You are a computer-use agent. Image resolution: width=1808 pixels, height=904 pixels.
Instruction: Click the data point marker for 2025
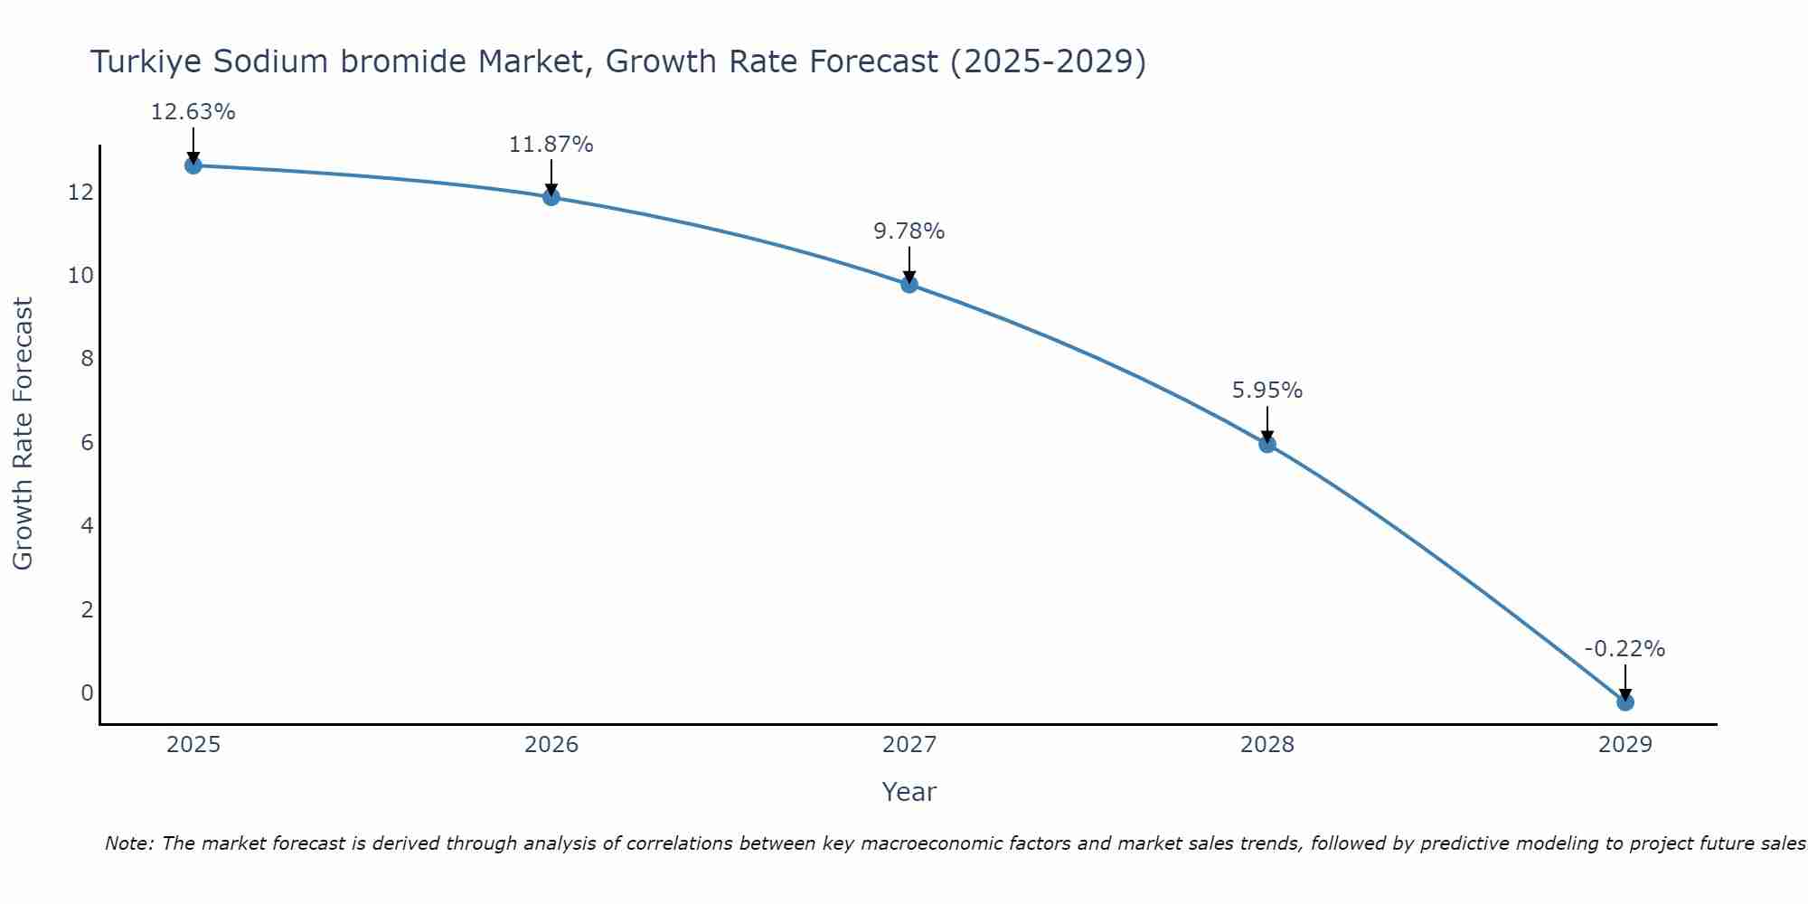click(x=193, y=165)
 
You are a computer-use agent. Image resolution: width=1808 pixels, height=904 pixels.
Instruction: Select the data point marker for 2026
click(x=551, y=197)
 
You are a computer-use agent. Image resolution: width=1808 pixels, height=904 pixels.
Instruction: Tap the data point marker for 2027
click(x=909, y=285)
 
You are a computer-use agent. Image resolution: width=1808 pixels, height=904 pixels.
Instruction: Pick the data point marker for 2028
click(x=1267, y=444)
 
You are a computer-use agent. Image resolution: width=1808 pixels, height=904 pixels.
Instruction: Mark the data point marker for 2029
click(x=1625, y=702)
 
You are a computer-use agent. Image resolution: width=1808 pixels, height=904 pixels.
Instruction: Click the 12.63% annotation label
click(x=193, y=112)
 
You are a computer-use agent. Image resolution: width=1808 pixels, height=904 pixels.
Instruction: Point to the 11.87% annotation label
click(x=551, y=145)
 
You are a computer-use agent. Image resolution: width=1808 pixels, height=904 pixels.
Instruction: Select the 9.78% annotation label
click(x=909, y=231)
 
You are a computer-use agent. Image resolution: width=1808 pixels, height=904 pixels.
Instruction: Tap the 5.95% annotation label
click(x=1267, y=391)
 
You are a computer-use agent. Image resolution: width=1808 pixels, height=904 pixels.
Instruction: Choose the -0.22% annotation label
click(x=1624, y=649)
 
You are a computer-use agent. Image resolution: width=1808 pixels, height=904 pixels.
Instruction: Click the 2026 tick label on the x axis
click(x=551, y=745)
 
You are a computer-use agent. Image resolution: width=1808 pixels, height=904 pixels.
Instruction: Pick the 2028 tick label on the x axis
click(x=1267, y=745)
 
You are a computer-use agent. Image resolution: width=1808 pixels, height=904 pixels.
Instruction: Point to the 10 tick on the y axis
click(x=80, y=276)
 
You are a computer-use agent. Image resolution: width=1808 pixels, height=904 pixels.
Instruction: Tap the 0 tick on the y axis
click(x=87, y=693)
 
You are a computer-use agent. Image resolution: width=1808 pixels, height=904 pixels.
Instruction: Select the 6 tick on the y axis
click(x=87, y=443)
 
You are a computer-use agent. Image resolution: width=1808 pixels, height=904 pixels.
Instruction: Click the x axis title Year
click(x=909, y=792)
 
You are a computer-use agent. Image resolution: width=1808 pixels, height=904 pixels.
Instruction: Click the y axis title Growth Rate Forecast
click(x=23, y=434)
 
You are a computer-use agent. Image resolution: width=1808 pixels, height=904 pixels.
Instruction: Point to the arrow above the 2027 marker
click(x=909, y=266)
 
